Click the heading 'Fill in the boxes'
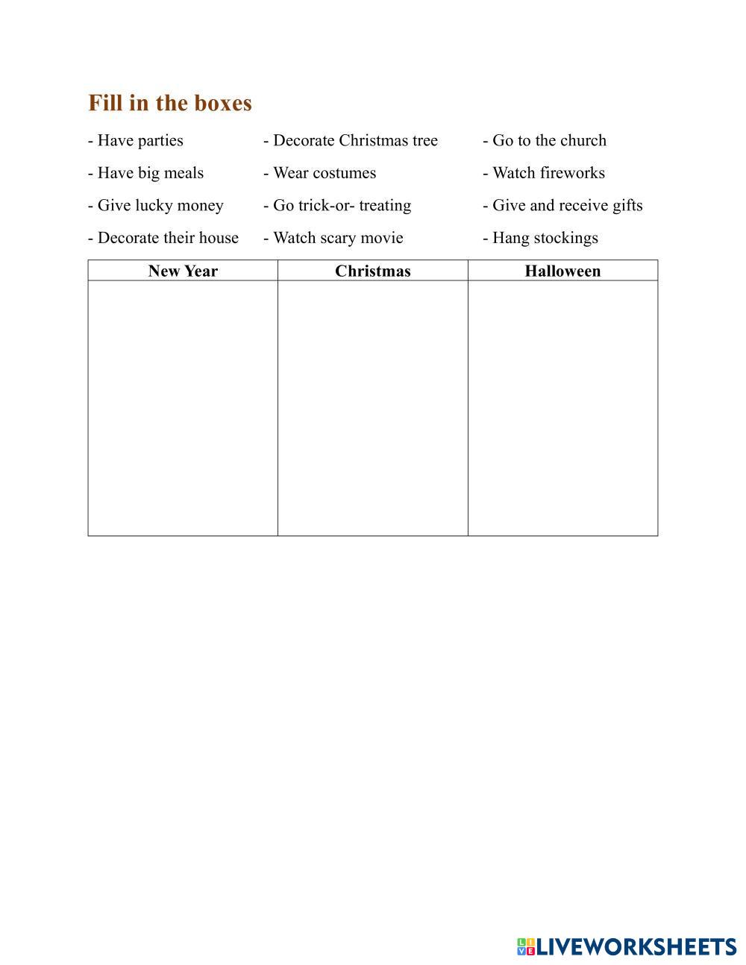tap(170, 103)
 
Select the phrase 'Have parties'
tap(140, 141)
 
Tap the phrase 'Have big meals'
tap(150, 173)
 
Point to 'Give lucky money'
tap(160, 206)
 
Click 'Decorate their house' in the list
tap(167, 238)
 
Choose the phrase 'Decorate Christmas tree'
tap(354, 141)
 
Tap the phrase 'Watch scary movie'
tap(337, 238)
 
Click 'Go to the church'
tap(548, 141)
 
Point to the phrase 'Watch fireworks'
tap(548, 173)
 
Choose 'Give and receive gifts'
tap(566, 206)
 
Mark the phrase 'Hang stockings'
tap(545, 238)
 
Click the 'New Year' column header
tap(183, 271)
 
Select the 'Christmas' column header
tap(373, 271)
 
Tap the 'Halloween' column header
tap(562, 271)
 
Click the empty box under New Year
tap(183, 408)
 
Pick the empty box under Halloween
tap(562, 408)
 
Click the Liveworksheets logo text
tap(636, 947)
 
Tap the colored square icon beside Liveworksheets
tap(526, 947)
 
